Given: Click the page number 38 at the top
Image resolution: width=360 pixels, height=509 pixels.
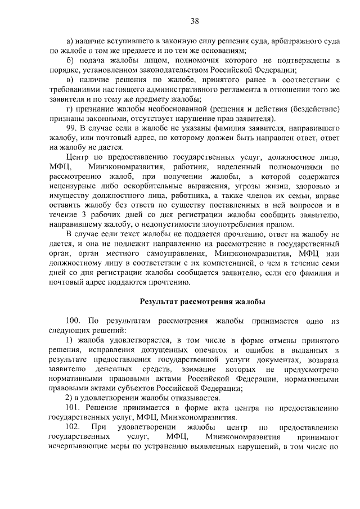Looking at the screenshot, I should coord(195,21).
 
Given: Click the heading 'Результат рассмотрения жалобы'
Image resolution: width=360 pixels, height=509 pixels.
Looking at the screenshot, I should coord(202,301).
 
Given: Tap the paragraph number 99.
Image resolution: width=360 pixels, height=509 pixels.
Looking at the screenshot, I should coord(73,129).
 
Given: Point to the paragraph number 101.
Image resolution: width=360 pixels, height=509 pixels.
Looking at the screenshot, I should coord(74,407).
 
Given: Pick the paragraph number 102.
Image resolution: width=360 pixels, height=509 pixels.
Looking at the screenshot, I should coord(74,427).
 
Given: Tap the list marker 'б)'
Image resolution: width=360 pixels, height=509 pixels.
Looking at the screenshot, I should coord(70,60).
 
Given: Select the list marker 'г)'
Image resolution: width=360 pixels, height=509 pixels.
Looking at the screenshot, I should coord(70,109).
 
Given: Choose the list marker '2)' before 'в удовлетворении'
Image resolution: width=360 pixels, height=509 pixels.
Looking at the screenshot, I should coord(70,398).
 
